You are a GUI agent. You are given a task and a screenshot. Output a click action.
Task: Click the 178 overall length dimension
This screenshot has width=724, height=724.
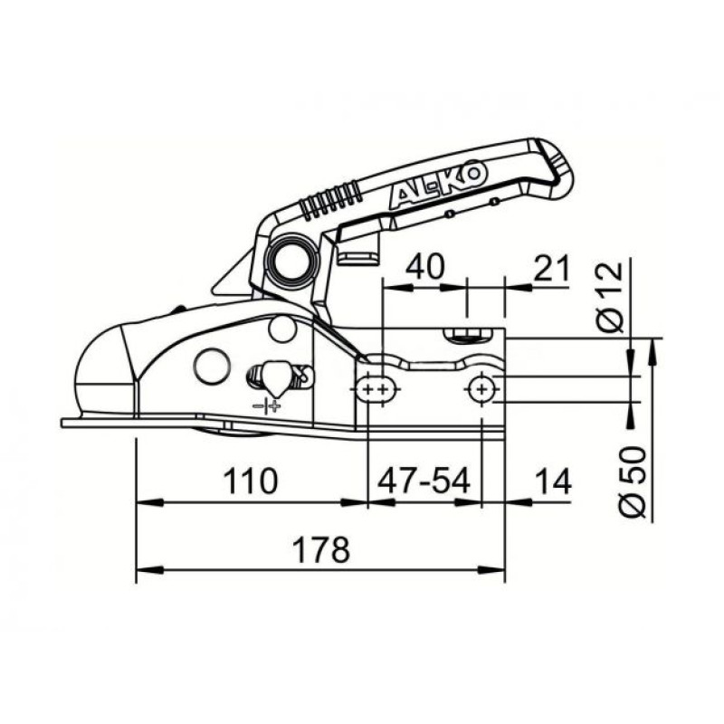321,549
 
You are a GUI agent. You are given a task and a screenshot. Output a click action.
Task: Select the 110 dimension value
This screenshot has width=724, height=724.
251,481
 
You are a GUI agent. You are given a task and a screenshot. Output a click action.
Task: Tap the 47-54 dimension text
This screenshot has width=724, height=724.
424,481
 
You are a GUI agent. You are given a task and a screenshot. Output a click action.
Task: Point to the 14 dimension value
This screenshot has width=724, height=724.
554,481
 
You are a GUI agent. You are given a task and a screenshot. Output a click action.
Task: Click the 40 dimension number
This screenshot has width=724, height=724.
424,266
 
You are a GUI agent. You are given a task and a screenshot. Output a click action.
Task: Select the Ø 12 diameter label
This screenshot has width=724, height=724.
609,297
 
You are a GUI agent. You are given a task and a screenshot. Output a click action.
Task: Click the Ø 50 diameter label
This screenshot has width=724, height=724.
632,481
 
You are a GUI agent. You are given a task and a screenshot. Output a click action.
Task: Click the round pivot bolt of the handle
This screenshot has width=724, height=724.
291,262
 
